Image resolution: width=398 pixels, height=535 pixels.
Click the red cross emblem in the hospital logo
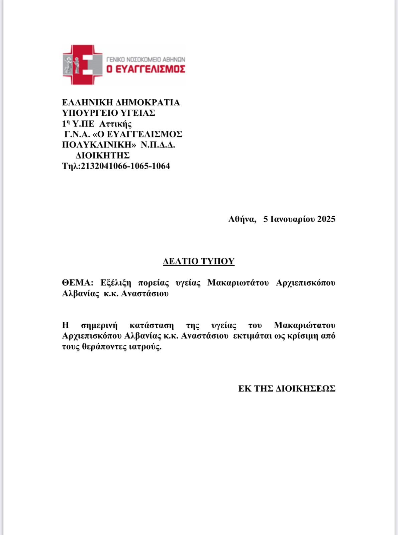click(x=83, y=65)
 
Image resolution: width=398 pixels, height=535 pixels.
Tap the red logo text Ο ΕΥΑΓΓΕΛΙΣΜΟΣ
click(x=145, y=69)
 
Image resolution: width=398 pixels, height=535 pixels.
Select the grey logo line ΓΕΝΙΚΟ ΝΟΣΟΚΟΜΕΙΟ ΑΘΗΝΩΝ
click(x=145, y=59)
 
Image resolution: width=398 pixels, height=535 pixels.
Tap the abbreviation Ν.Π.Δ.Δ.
click(x=158, y=145)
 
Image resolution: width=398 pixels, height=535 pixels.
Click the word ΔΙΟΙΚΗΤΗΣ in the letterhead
click(x=102, y=155)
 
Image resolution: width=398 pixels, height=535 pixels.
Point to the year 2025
click(x=326, y=219)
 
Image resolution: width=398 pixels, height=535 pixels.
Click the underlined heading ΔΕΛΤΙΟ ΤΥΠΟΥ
click(x=199, y=261)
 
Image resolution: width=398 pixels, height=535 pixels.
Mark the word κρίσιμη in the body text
click(x=302, y=336)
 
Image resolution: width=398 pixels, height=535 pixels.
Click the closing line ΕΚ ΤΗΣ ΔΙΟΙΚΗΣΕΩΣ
click(x=287, y=389)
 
